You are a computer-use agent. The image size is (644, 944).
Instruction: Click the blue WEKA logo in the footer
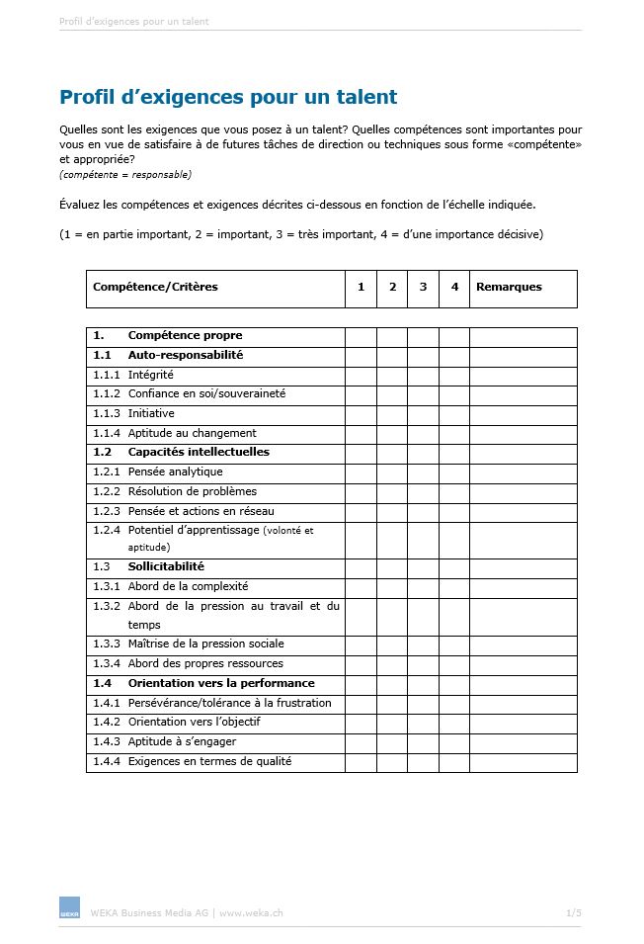pos(69,908)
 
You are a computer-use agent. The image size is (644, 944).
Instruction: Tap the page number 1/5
pos(574,912)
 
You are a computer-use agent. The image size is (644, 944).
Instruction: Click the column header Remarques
pos(509,288)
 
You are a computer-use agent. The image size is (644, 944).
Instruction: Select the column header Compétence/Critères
pos(155,288)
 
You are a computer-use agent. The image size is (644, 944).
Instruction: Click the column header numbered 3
pos(423,288)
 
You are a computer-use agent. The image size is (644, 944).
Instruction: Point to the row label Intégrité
pos(150,375)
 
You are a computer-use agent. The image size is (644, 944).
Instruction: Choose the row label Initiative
pos(151,413)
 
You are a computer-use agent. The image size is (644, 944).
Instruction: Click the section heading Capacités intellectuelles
pos(199,452)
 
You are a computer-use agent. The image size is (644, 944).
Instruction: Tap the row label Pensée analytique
pos(175,472)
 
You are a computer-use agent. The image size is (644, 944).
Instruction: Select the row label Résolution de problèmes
pos(192,491)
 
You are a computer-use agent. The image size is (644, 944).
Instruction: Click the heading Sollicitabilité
pos(166,566)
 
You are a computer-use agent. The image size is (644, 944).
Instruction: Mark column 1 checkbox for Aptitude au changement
pos(361,433)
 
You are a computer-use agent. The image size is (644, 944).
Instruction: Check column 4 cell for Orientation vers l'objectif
pos(454,723)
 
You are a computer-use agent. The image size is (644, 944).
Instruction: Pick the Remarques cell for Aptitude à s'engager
pos(523,741)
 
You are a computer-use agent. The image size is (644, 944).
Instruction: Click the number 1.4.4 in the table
pos(107,761)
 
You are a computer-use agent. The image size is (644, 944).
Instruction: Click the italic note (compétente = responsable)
pos(125,175)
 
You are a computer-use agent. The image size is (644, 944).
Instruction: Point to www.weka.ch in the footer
pos(251,912)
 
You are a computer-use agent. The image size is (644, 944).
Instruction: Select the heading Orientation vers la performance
pos(221,683)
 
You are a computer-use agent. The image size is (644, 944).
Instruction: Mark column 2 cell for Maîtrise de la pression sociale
pos(392,644)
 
